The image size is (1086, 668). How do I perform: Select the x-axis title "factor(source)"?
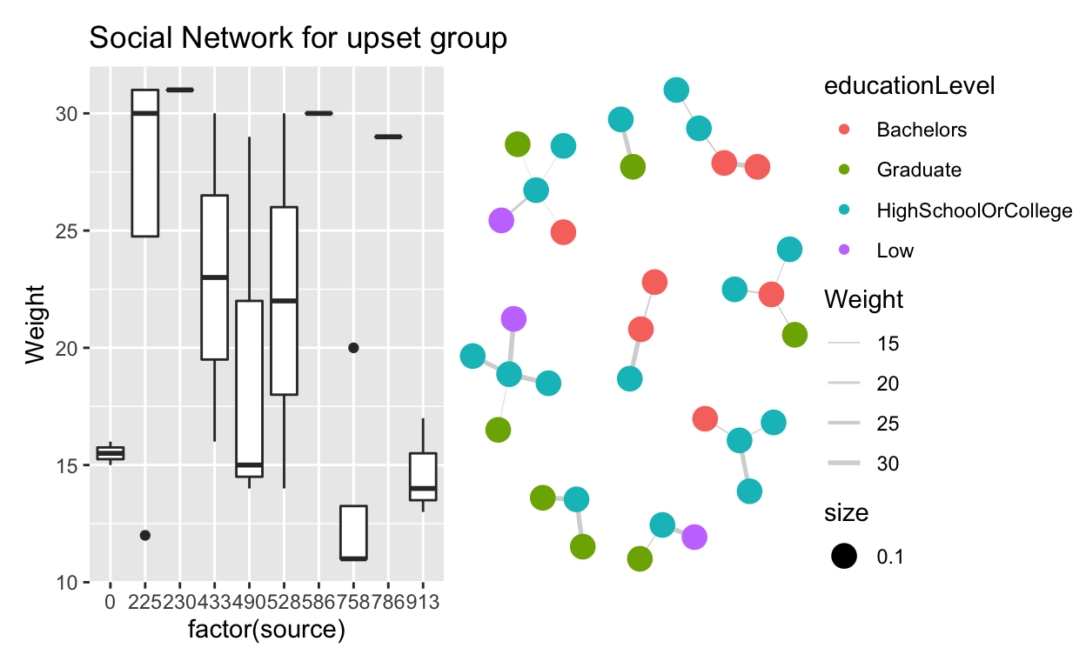click(267, 630)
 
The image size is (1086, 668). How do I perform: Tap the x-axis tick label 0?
click(110, 602)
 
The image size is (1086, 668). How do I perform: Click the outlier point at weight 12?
click(145, 536)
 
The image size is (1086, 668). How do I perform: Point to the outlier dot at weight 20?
click(353, 348)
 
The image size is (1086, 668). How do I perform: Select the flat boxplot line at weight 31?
click(179, 90)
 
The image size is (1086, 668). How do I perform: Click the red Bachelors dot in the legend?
click(843, 130)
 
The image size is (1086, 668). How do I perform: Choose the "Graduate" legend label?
click(918, 170)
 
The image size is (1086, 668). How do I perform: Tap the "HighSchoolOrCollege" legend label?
click(974, 210)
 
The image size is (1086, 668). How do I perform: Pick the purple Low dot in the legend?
click(843, 250)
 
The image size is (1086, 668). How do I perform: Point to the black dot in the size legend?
click(843, 557)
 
